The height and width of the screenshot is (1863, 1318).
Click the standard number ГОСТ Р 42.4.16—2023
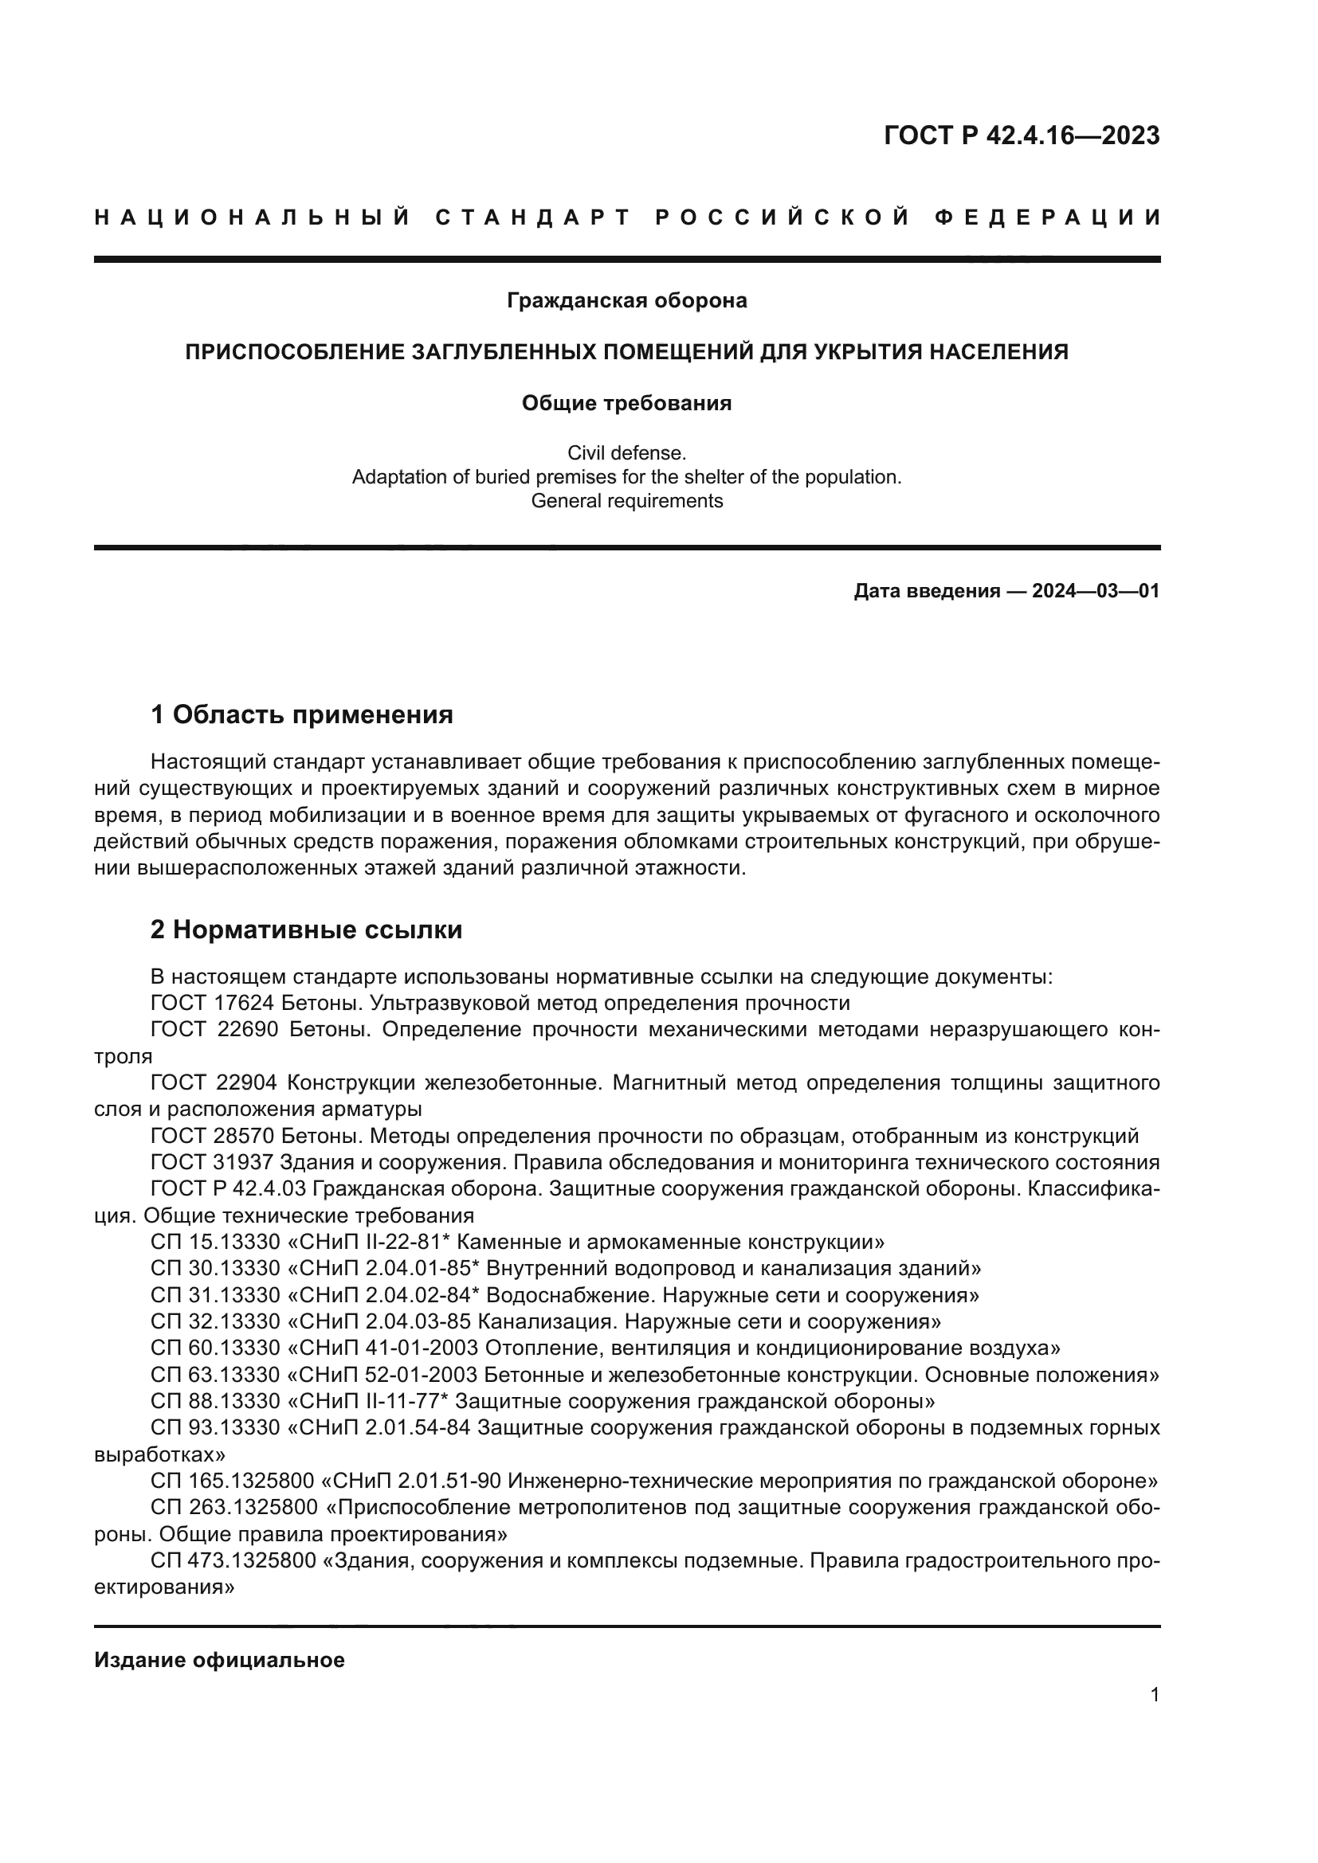pyautogui.click(x=1021, y=135)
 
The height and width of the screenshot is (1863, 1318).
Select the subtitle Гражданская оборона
pyautogui.click(x=626, y=300)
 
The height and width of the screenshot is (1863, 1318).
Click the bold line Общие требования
pyautogui.click(x=626, y=403)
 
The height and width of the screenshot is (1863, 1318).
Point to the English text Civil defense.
pyautogui.click(x=626, y=452)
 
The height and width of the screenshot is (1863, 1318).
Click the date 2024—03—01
pyautogui.click(x=1096, y=591)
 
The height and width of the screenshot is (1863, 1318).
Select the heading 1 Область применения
pyautogui.click(x=301, y=714)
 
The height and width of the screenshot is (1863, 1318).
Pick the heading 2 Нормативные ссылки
pyautogui.click(x=306, y=930)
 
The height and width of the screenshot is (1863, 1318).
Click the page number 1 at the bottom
pyautogui.click(x=1154, y=1694)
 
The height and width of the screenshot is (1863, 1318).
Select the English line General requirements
pyautogui.click(x=626, y=501)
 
